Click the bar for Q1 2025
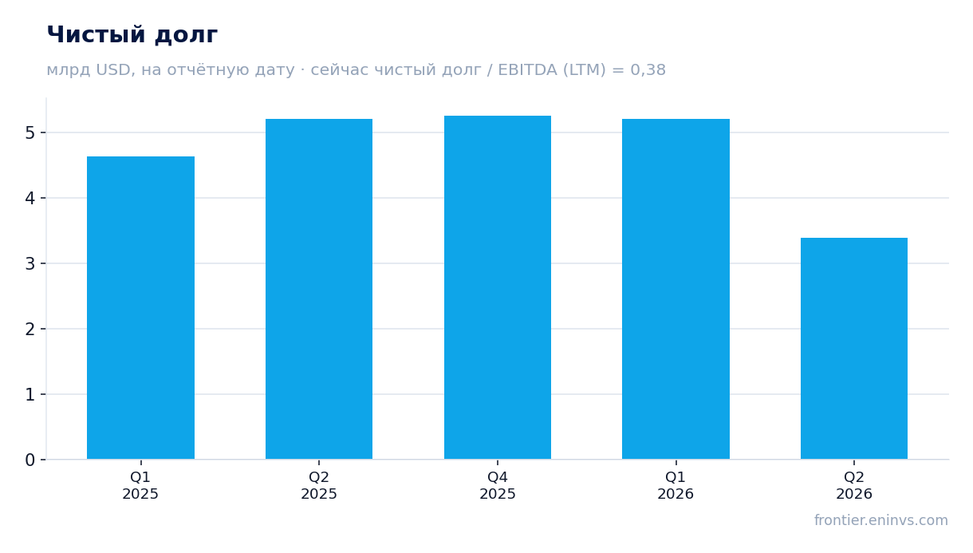pos(140,308)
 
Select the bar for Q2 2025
pos(319,289)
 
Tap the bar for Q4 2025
pos(498,287)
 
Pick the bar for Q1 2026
pos(676,289)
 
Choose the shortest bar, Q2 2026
pos(854,349)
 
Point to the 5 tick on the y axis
pos(30,133)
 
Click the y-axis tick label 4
pos(30,198)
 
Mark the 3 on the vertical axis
pos(30,264)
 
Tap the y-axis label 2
pos(30,330)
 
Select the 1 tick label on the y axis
pos(30,395)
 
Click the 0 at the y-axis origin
pos(30,460)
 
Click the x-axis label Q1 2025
pos(140,486)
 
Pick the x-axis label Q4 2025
pos(498,486)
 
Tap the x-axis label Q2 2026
pos(854,486)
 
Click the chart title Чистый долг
pos(132,35)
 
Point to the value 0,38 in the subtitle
pos(648,69)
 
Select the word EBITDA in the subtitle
pos(527,69)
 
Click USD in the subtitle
pos(113,69)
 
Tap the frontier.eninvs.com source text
pos(881,520)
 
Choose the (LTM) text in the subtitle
pos(585,69)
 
